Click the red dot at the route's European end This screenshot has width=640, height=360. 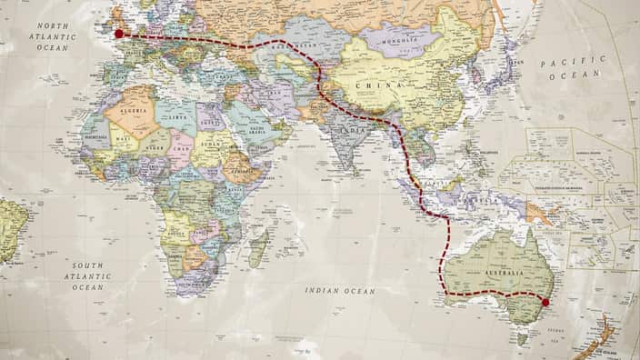118,34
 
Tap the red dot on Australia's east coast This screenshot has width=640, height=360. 545,303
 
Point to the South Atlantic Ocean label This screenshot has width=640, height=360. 88,275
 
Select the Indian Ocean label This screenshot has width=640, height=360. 340,291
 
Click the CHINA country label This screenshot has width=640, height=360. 373,85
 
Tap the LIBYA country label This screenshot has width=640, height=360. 174,118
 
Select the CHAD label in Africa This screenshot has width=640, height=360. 179,149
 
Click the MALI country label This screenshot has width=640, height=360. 122,139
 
